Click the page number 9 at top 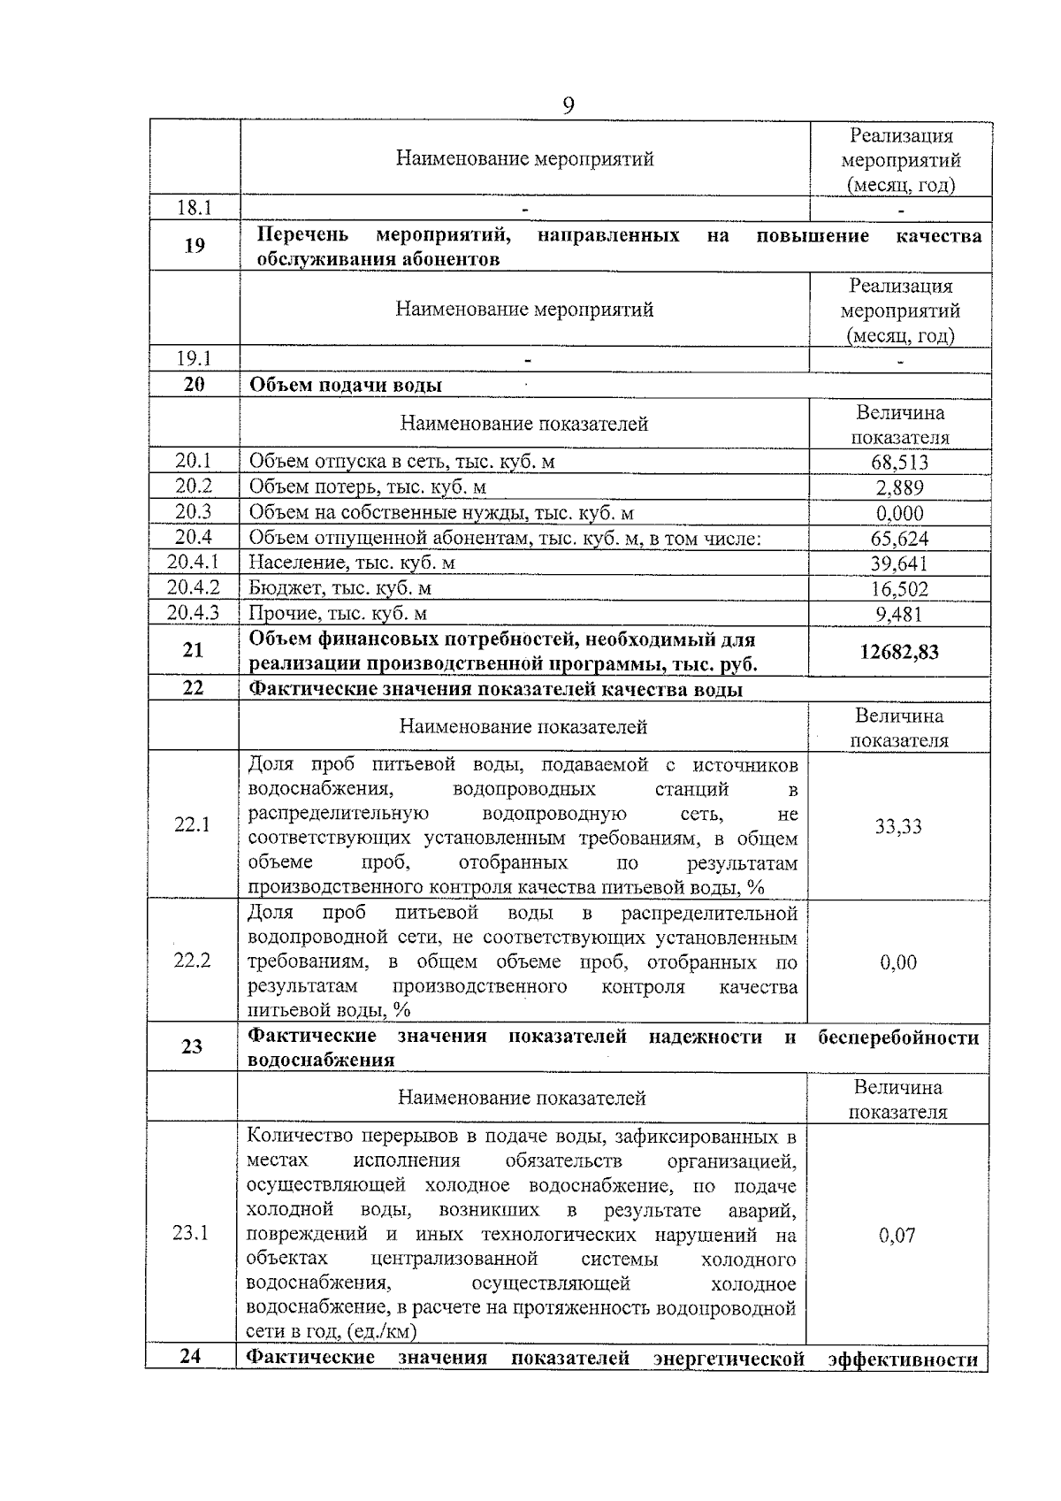point(569,106)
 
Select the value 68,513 point(899,463)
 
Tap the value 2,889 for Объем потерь point(899,488)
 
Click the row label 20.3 point(194,511)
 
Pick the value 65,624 point(899,539)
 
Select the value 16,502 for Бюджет point(899,589)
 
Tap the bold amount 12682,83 point(899,653)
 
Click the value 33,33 point(898,827)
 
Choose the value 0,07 point(897,1236)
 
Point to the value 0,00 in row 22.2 point(898,962)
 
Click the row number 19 point(195,246)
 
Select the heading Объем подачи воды point(346,386)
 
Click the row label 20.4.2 point(193,587)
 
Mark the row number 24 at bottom point(191,1356)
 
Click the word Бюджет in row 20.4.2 point(279,588)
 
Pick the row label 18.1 point(195,209)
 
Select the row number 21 point(193,651)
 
